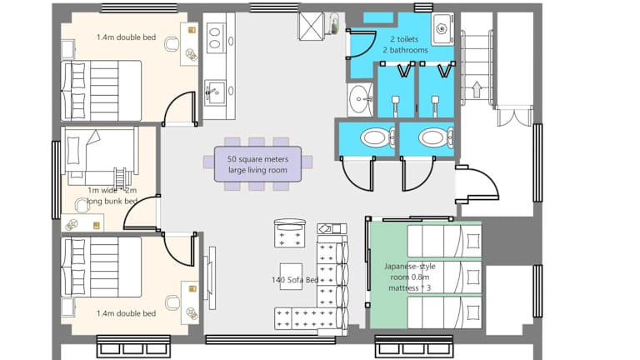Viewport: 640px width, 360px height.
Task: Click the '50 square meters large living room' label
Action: click(257, 164)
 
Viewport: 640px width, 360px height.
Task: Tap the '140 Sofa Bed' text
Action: click(295, 280)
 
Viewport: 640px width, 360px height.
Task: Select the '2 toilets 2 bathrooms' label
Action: click(405, 44)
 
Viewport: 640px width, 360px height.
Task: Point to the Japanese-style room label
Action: click(409, 277)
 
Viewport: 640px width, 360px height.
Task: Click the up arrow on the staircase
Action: click(477, 90)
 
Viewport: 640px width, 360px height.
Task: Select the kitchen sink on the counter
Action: click(215, 93)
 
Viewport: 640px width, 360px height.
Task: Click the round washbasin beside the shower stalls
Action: click(360, 99)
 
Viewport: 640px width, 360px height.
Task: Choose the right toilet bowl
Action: click(436, 138)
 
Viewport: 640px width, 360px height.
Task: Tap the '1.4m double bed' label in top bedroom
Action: click(126, 37)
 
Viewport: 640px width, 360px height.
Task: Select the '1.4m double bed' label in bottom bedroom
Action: click(126, 313)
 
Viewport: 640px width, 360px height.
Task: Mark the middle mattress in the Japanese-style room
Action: click(444, 277)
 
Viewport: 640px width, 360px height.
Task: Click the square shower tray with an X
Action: click(311, 27)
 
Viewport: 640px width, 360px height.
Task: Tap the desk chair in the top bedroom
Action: click(172, 43)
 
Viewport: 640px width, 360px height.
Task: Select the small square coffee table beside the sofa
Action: click(291, 277)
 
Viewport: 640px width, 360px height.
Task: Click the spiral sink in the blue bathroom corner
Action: click(442, 28)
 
